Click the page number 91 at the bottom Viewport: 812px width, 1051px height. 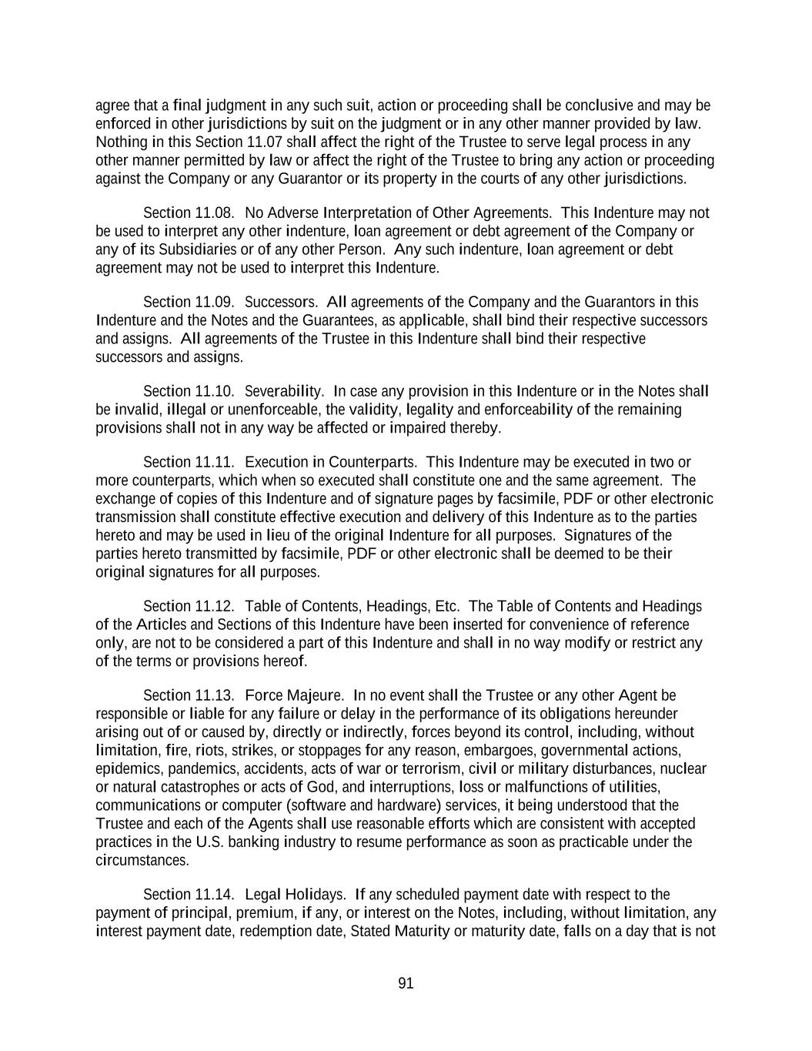(x=406, y=983)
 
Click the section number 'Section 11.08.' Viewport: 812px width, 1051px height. (x=189, y=213)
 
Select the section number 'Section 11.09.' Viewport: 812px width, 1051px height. (x=189, y=302)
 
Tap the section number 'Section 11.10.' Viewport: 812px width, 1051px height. (x=189, y=391)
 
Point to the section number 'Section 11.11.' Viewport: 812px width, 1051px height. (x=189, y=462)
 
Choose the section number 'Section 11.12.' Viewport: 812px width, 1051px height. (x=189, y=606)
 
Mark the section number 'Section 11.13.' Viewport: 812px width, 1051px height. (x=189, y=695)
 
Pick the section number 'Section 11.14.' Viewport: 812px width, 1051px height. (x=189, y=895)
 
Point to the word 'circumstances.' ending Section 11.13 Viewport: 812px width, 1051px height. (x=142, y=861)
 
